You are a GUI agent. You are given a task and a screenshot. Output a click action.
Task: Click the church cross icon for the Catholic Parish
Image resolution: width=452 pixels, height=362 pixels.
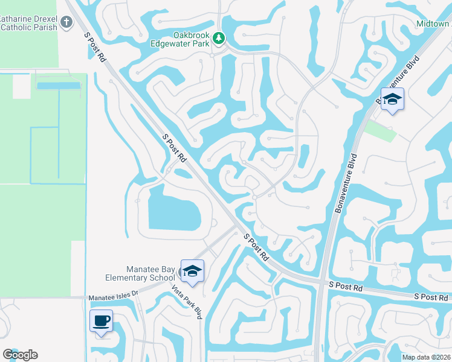(x=66, y=23)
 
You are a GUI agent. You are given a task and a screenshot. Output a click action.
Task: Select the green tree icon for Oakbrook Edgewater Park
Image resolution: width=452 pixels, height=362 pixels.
(x=218, y=40)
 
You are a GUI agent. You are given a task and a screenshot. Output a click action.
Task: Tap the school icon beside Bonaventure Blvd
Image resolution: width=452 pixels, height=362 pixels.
(x=392, y=100)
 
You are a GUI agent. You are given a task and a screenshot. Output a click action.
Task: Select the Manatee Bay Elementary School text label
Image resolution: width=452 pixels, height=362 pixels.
(x=145, y=273)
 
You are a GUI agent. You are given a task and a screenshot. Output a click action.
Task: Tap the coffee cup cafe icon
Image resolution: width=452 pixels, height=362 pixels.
(x=101, y=320)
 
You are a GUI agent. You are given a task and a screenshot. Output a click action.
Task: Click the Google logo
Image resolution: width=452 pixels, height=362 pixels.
(x=20, y=355)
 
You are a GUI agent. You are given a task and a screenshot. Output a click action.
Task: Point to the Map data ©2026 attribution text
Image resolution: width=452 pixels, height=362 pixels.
(x=426, y=357)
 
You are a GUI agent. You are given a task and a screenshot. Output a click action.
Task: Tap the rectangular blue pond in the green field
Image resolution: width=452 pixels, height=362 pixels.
(x=58, y=86)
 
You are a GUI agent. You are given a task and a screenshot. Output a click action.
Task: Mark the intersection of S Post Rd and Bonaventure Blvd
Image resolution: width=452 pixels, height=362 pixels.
(x=321, y=282)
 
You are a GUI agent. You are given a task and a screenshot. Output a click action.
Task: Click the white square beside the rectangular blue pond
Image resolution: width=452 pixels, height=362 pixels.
(x=21, y=86)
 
